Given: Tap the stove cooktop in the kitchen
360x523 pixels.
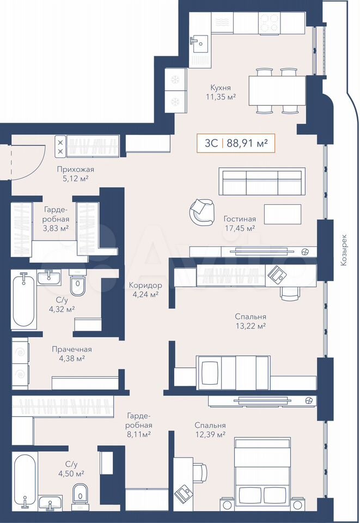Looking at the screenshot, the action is click(269, 23).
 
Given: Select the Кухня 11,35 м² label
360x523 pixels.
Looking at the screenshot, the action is click(221, 93).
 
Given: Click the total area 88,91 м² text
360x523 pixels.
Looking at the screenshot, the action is click(247, 143).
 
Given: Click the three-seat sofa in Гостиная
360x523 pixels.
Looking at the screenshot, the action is click(262, 181).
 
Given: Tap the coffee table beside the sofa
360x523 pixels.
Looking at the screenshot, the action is click(283, 214).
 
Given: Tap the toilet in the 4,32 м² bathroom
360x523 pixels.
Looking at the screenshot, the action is click(78, 283).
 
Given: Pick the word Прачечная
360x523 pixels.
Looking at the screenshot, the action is click(72, 349).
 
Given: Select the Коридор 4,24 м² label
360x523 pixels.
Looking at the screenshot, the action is click(145, 290).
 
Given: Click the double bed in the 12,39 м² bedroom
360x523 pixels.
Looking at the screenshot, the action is click(262, 475).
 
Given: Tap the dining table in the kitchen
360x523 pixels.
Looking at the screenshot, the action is click(277, 90).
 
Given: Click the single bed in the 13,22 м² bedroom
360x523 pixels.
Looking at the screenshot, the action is click(233, 373).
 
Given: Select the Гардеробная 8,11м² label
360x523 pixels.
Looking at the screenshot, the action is click(139, 425).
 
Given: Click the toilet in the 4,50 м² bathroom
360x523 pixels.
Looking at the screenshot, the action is click(80, 492).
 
